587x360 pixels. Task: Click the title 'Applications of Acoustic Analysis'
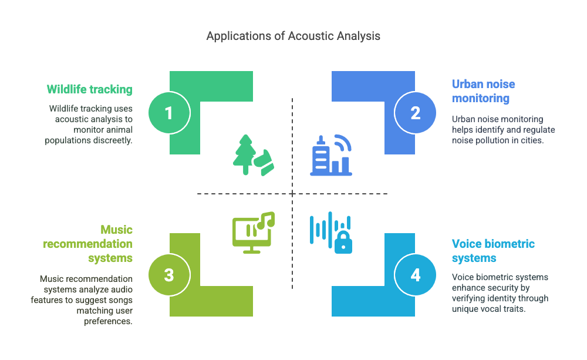(293, 36)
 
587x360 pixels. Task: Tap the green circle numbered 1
(169, 112)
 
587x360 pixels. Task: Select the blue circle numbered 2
(416, 112)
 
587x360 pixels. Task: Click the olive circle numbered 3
(169, 274)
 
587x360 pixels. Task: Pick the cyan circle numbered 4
(416, 274)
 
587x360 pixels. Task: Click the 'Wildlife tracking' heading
(89, 89)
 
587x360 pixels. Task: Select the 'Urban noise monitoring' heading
(483, 91)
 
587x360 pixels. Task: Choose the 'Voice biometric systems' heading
(493, 251)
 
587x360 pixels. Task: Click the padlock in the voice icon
(343, 243)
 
